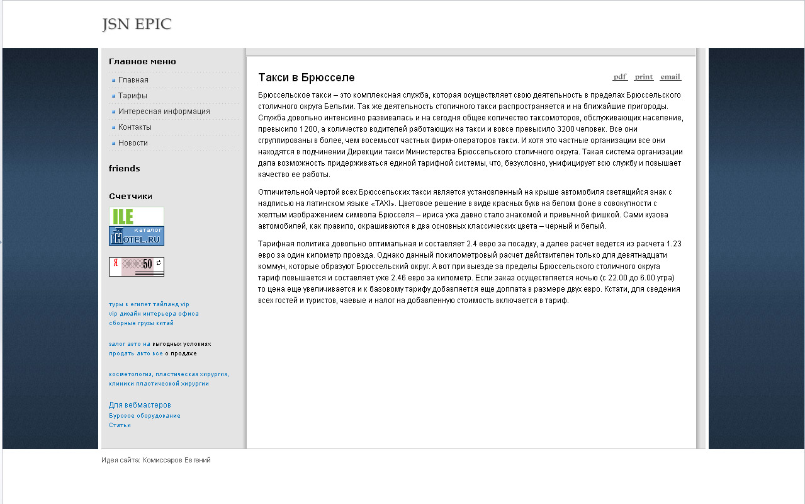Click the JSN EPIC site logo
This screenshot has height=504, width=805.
[137, 25]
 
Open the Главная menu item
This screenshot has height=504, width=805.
[133, 80]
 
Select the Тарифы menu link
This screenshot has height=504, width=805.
[133, 96]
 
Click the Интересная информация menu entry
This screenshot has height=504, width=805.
[164, 112]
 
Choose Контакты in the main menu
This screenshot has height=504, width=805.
[135, 127]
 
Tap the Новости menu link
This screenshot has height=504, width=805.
[133, 143]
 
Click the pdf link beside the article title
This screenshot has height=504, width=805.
[620, 77]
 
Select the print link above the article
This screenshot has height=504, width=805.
[644, 77]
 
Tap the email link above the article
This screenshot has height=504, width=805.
[670, 77]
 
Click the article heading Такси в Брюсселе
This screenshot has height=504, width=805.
[307, 77]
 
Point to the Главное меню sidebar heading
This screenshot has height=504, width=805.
[142, 62]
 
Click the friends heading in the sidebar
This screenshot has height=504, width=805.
[125, 169]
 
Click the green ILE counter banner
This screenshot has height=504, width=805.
[136, 216]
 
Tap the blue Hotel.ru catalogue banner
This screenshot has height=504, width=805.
[136, 236]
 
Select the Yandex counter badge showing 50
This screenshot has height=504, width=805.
[136, 266]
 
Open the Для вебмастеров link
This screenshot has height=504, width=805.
[140, 405]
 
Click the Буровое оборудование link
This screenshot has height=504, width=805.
[145, 416]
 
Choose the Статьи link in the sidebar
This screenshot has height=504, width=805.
[120, 425]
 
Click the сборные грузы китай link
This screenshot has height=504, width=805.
[141, 323]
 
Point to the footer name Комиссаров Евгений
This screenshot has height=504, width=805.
[177, 461]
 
